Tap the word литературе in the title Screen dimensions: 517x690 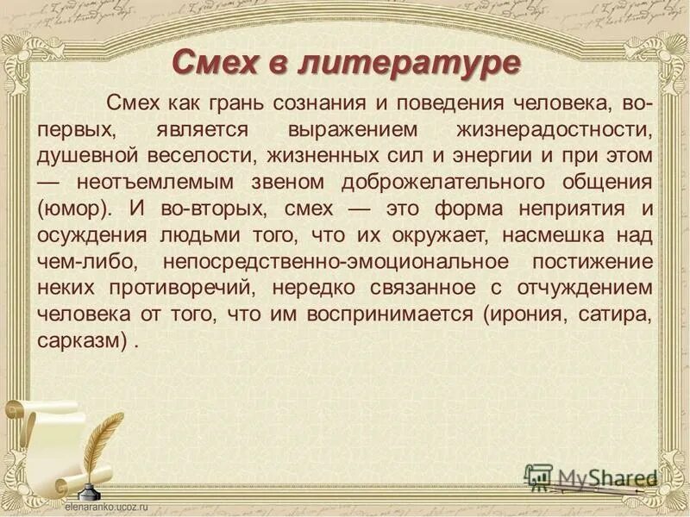click(x=411, y=62)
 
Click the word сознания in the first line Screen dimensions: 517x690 click(x=318, y=103)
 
